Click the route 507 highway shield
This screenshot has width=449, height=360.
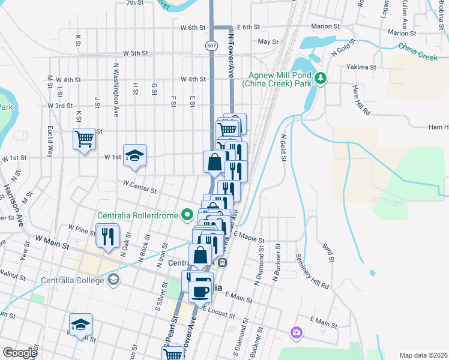(211, 46)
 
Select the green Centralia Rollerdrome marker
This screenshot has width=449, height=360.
(188, 215)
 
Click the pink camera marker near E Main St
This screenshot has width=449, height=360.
(295, 332)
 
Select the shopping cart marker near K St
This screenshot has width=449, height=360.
(84, 139)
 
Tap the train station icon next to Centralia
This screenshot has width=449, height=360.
(222, 262)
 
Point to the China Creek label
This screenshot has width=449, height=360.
(418, 52)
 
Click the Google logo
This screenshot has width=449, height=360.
(19, 353)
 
